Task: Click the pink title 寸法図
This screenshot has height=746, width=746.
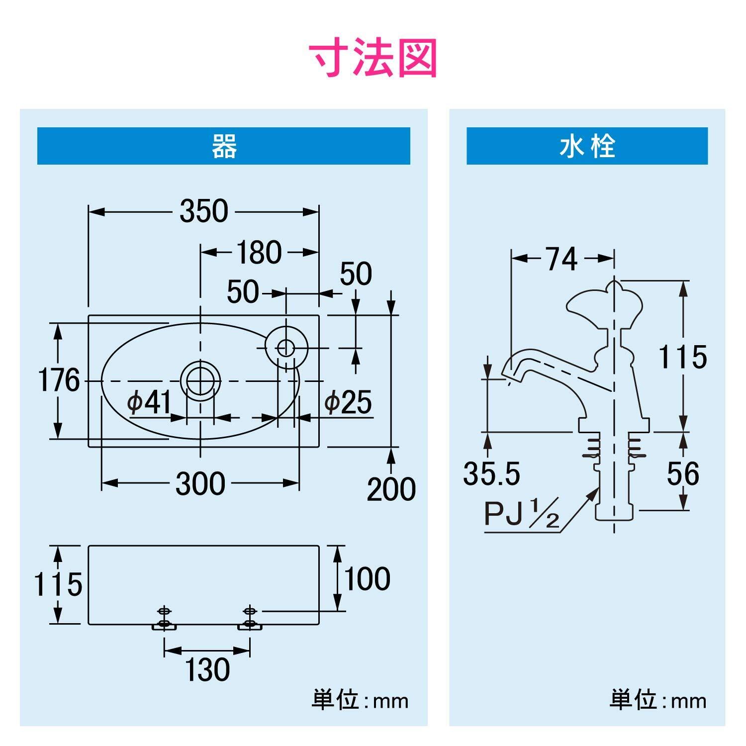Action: click(x=373, y=58)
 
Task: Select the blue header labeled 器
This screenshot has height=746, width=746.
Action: click(x=224, y=146)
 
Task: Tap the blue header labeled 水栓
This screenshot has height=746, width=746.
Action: click(x=587, y=146)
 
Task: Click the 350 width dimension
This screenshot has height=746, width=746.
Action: click(x=204, y=211)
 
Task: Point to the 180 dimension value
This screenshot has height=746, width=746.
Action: click(x=259, y=252)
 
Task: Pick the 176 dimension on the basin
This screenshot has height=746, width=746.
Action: click(x=59, y=381)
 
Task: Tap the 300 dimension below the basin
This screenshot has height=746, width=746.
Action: click(x=200, y=483)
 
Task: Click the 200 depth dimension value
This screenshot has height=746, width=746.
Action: click(x=391, y=489)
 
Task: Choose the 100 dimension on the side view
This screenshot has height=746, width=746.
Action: click(x=367, y=579)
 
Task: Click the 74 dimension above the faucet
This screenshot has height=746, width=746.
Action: click(x=561, y=259)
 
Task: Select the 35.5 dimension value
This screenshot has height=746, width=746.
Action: click(x=491, y=473)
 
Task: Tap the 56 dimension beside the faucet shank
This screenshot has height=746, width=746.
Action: click(x=683, y=474)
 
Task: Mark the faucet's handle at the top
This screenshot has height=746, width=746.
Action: click(x=604, y=306)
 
